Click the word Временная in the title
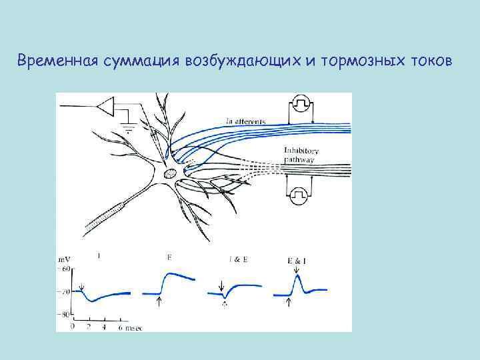pos(58,61)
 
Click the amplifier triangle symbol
pos(106,105)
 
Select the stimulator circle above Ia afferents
pos(299,104)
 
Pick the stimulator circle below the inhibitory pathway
pos(299,195)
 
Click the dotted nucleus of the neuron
pos(171,174)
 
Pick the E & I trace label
pos(295,261)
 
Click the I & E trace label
pos(237,259)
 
